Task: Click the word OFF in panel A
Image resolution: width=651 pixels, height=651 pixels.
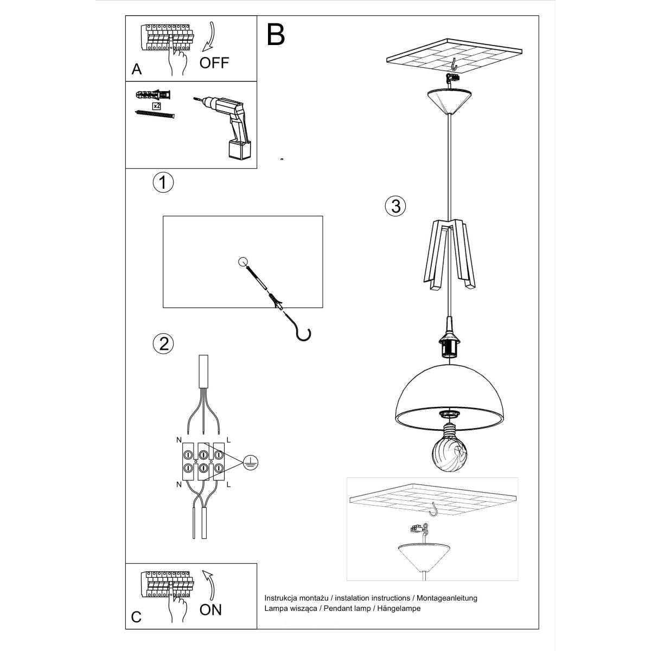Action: click(214, 62)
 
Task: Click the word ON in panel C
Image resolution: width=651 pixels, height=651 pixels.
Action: click(210, 610)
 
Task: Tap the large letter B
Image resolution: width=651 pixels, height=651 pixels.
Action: click(276, 35)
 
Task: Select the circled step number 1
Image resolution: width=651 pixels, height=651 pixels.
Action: click(163, 182)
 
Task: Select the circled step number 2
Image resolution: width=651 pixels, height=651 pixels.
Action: click(163, 343)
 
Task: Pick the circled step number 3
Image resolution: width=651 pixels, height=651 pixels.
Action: click(395, 206)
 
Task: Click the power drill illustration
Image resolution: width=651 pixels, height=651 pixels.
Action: click(228, 125)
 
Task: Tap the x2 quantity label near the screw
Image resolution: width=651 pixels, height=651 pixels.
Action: click(157, 105)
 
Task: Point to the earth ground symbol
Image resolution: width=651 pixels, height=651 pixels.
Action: click(250, 462)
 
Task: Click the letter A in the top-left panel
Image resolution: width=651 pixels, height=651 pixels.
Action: click(137, 69)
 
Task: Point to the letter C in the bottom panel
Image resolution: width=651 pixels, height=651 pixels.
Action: click(137, 617)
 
